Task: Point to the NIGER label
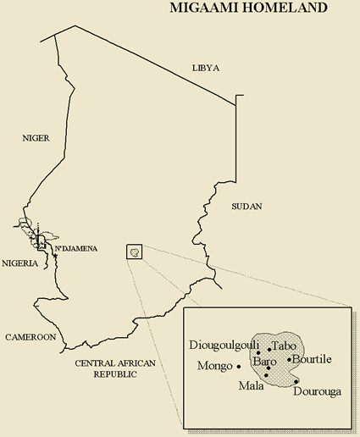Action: pos(36,137)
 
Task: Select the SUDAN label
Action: pos(246,206)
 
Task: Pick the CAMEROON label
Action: pos(30,336)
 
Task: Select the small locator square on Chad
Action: pos(134,252)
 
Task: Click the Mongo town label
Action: pos(213,367)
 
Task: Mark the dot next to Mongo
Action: pos(240,366)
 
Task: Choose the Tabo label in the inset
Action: pos(285,346)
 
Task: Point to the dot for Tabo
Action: pos(269,348)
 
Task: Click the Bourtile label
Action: pos(311,359)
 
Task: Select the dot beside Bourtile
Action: pos(289,359)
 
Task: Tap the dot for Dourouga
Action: pos(296,382)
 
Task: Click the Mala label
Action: pos(251,386)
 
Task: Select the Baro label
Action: pos(265,362)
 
